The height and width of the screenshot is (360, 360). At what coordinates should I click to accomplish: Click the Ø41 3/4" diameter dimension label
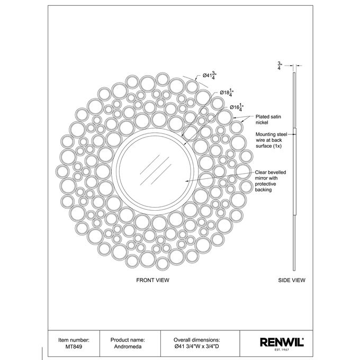tap(210, 75)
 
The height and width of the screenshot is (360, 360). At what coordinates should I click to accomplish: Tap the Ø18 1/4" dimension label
tap(227, 93)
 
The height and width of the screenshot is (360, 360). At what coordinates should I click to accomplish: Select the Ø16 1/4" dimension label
tap(237, 107)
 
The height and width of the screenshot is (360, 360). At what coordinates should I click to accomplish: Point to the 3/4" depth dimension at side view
tap(280, 66)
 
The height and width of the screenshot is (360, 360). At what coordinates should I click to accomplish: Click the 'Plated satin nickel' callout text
tap(268, 120)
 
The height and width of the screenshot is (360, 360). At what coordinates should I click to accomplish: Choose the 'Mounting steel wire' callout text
tap(272, 140)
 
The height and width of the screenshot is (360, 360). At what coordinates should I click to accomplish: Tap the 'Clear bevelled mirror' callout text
tap(271, 181)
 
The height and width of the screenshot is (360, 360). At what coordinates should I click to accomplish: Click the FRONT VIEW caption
tap(152, 280)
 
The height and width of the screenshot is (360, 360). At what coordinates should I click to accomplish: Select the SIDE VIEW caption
tap(292, 280)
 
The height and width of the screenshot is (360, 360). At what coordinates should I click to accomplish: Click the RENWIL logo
tap(282, 342)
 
